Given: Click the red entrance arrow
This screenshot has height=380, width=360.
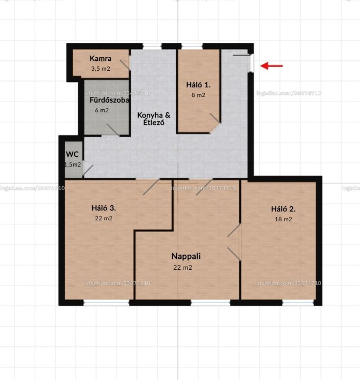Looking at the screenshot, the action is (x=271, y=66).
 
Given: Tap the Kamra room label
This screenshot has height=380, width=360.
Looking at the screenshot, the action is (x=101, y=58).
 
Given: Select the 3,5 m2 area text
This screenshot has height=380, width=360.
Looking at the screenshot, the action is (x=101, y=68).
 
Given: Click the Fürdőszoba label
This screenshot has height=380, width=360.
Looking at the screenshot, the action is (x=109, y=100).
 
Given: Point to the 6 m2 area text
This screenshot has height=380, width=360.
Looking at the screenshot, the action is (x=102, y=110).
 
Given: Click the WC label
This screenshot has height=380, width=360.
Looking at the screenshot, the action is (x=72, y=154).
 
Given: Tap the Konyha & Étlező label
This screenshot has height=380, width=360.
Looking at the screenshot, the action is (x=154, y=118).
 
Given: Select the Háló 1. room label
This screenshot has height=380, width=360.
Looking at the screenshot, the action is (x=198, y=85).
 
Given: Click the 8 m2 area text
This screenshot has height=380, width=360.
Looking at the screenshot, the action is (x=198, y=95).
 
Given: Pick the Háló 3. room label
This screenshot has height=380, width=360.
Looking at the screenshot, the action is (x=104, y=208).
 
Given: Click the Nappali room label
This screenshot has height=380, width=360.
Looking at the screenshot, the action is (x=186, y=256).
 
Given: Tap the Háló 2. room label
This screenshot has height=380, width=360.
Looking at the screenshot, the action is (x=283, y=209).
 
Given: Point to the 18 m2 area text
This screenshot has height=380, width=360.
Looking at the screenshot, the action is (x=283, y=219).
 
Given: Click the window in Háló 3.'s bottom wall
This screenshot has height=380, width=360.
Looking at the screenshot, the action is (x=106, y=303).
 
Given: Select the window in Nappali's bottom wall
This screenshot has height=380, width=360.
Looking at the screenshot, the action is (x=210, y=303).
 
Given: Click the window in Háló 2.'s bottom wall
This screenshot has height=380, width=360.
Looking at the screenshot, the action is (x=298, y=303).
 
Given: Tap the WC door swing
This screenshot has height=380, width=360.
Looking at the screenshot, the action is (x=87, y=170).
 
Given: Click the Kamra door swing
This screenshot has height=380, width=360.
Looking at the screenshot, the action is (x=125, y=64).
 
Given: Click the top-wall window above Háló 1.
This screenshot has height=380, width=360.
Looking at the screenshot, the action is (x=192, y=46).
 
